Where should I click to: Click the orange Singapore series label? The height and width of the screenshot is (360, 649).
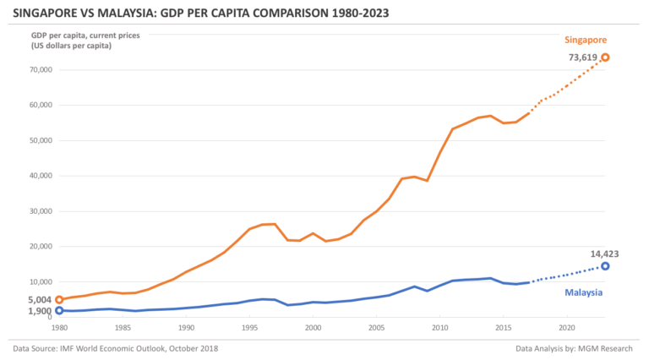(585, 39)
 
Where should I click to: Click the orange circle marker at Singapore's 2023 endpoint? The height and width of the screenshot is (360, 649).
(605, 57)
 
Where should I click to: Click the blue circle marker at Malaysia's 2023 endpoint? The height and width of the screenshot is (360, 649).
(605, 266)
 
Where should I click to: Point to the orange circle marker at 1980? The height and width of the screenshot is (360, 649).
(59, 299)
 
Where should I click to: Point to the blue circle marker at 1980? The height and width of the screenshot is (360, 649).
(59, 310)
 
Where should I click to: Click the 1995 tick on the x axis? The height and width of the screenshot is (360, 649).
(249, 327)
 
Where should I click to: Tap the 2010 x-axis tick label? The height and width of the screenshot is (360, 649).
(439, 327)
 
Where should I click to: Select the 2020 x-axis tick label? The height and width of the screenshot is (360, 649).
(566, 327)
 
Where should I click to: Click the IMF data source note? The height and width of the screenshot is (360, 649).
(117, 348)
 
